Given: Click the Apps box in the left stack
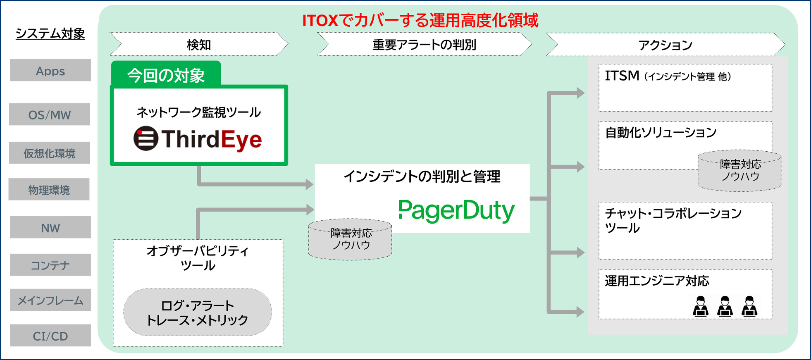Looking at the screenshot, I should [x=50, y=70].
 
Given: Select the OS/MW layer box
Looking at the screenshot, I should [x=49, y=114].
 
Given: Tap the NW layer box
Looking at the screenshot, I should [x=50, y=227].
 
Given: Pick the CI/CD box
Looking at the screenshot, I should [x=50, y=336].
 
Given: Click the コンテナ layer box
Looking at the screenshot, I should [x=50, y=265].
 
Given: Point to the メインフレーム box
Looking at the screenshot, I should [x=50, y=300].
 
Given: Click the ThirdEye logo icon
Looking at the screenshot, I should [x=146, y=138].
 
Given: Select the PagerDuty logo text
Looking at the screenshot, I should [x=456, y=210].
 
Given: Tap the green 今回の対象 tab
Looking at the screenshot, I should [x=166, y=75].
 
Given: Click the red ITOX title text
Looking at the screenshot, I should [x=420, y=20].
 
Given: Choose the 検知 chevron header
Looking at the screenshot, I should [x=199, y=44].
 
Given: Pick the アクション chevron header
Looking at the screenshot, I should [x=665, y=45].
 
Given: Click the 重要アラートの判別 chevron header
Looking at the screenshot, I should [x=424, y=44].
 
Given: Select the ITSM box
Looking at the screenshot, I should [x=685, y=87].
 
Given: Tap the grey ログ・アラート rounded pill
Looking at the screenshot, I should [x=198, y=312].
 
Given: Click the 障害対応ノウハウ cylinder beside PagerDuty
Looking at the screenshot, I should [x=351, y=239].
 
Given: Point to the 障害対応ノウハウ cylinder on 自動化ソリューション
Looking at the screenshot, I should [x=739, y=170].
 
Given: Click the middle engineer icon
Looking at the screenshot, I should [x=725, y=306].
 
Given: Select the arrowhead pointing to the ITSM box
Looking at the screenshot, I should [x=580, y=93].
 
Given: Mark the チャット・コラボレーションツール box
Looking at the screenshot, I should [x=685, y=231].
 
